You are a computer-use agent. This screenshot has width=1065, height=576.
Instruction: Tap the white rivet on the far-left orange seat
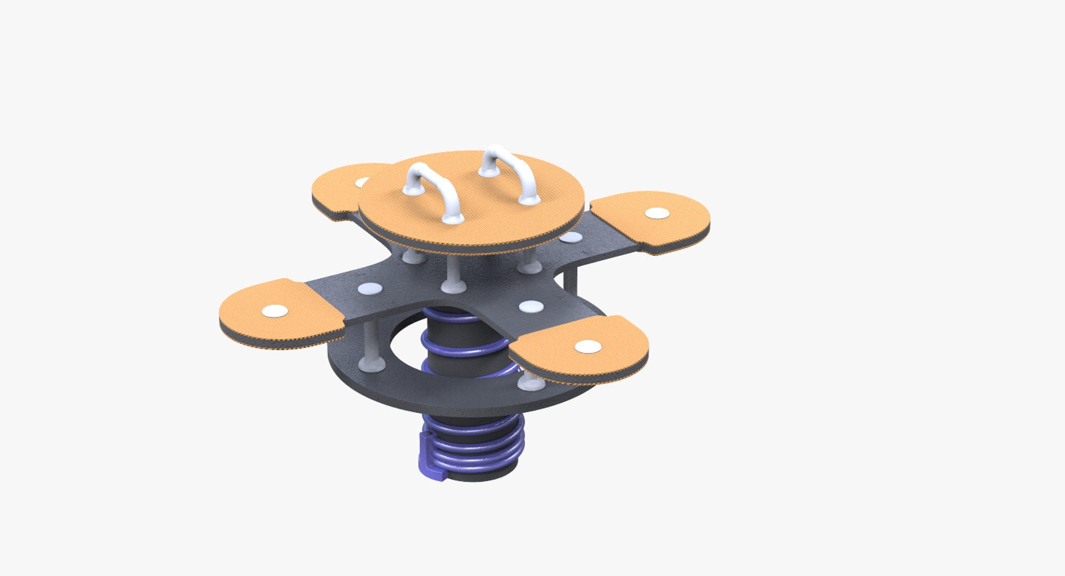(275, 311)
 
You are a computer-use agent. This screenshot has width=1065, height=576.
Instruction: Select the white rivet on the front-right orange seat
(587, 347)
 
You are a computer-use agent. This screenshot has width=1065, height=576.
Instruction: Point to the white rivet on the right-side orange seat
(658, 213)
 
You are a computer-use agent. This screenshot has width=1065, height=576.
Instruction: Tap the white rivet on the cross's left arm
(370, 289)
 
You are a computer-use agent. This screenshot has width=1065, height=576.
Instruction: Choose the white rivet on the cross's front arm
(531, 306)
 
